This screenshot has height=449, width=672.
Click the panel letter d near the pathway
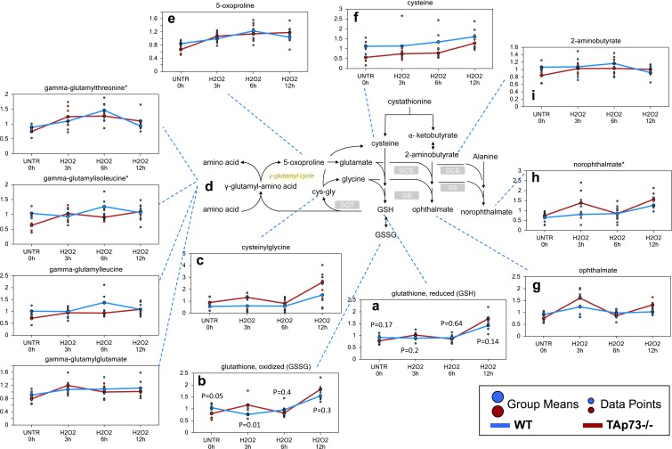click(207, 186)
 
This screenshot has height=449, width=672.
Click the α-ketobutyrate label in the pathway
click(436, 135)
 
